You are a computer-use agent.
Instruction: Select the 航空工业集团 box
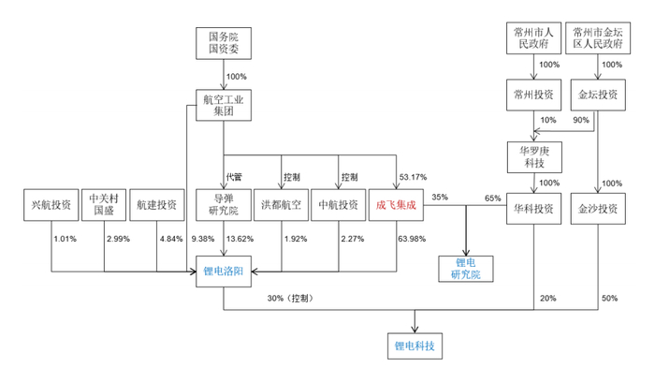pyautogui.click(x=224, y=103)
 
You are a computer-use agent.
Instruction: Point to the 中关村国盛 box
pyautogui.click(x=104, y=204)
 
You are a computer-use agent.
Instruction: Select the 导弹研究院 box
pyautogui.click(x=224, y=204)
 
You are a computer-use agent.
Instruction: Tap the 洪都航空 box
pyautogui.click(x=281, y=204)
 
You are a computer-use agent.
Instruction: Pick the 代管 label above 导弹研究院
pyautogui.click(x=234, y=176)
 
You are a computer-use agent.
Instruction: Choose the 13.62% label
pyautogui.click(x=240, y=239)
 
